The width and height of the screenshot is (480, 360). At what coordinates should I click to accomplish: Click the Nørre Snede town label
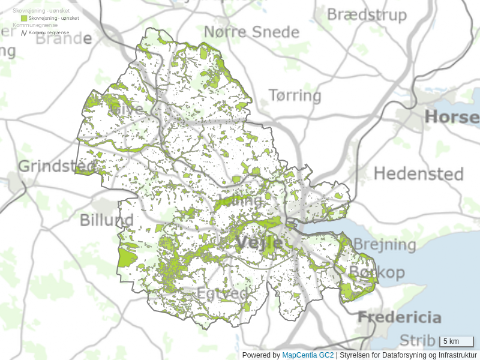tap(251, 32)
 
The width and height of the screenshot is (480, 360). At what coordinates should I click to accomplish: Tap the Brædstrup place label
tap(366, 14)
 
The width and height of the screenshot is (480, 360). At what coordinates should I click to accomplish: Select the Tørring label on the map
tap(291, 95)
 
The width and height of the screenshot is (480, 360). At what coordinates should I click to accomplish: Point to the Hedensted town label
tap(418, 174)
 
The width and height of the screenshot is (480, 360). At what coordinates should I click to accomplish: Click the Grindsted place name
tap(56, 166)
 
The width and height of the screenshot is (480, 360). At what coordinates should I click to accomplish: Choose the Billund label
tap(107, 220)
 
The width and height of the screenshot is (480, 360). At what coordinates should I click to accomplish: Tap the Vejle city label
tap(259, 242)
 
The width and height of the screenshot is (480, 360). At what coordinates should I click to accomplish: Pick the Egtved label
tap(223, 294)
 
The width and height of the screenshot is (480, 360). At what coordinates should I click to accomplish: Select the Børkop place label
tap(376, 272)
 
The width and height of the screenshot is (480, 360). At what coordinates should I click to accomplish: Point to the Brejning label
tap(384, 244)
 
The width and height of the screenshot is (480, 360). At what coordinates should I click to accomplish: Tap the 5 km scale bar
tap(457, 341)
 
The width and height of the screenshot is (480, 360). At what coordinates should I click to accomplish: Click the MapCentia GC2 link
tap(308, 355)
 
